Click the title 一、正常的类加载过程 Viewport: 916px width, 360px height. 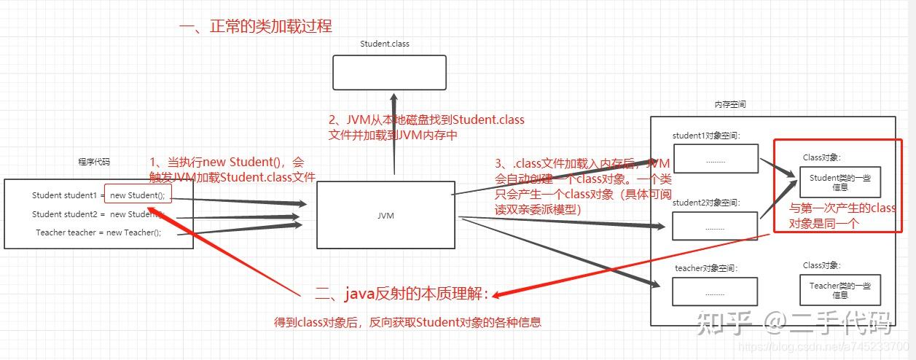(255, 26)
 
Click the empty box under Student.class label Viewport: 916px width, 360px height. (389, 73)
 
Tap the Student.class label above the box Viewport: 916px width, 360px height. (385, 44)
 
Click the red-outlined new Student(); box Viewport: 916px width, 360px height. (138, 195)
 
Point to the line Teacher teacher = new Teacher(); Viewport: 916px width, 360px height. (98, 232)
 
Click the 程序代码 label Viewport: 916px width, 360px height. (94, 162)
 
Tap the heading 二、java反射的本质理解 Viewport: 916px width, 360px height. (402, 294)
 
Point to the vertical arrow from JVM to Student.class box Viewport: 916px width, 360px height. (394, 135)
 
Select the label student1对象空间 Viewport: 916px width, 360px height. (705, 136)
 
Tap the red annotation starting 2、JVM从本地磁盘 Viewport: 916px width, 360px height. (426, 128)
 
